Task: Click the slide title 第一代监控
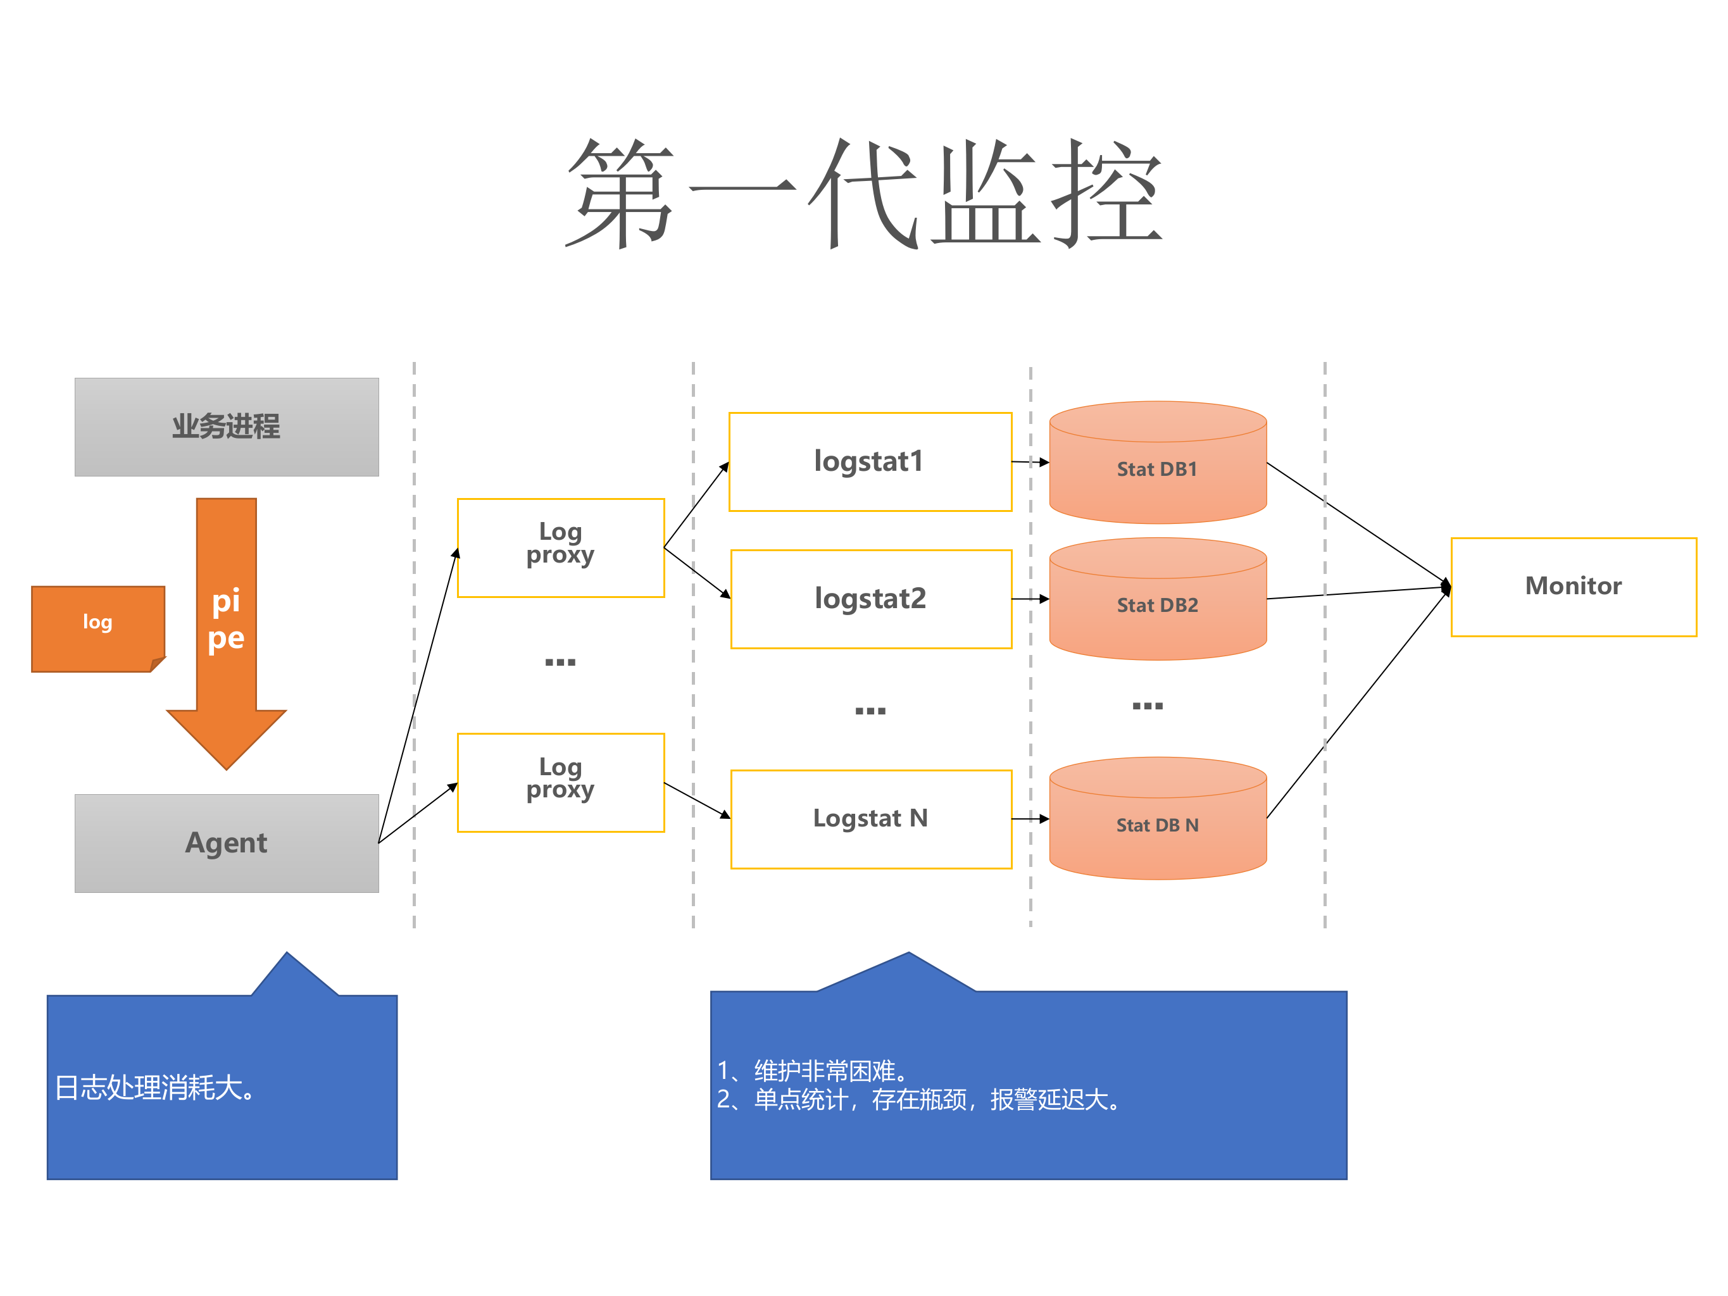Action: click(x=863, y=193)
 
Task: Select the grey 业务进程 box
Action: click(x=227, y=427)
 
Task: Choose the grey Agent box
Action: click(x=227, y=843)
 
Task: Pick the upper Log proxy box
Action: click(x=560, y=547)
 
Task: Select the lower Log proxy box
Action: click(x=560, y=782)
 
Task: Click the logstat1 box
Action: click(x=870, y=462)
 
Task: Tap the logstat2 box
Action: click(x=870, y=599)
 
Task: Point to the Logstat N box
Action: click(x=870, y=819)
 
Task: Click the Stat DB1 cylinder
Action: click(x=1157, y=470)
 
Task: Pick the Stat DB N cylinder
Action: click(x=1157, y=825)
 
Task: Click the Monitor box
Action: click(x=1572, y=587)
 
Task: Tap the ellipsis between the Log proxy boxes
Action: click(x=560, y=662)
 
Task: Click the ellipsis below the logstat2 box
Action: click(x=870, y=710)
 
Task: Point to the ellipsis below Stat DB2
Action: click(x=1147, y=706)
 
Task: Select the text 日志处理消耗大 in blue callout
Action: click(x=154, y=1087)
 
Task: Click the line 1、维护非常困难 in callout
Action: click(x=813, y=1070)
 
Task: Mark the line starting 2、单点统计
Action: click(x=918, y=1100)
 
